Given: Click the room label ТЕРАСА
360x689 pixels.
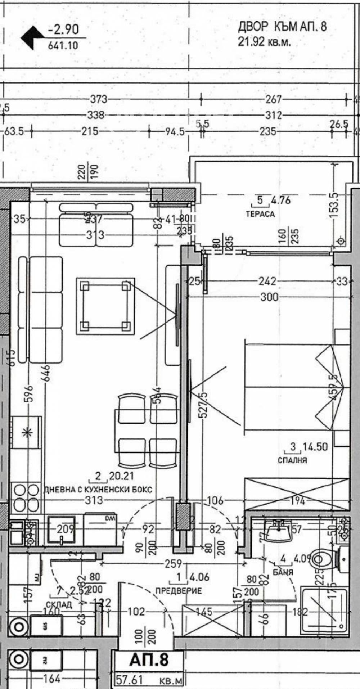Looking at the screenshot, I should (260, 214).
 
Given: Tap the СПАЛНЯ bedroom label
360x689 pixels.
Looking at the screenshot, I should (292, 460).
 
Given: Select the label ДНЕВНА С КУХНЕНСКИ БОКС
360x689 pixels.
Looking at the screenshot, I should (98, 490).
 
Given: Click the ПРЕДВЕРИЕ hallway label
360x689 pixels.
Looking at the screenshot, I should (179, 591).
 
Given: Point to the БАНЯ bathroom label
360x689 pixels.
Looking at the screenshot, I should (283, 572).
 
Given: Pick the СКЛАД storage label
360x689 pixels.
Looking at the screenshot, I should (59, 604).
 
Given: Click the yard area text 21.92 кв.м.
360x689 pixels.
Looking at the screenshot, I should (264, 42).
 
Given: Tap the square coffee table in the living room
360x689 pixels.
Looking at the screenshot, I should (105, 306).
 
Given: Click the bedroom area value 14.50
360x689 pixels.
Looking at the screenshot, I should (315, 447).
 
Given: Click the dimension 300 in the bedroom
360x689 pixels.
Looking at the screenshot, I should (269, 297).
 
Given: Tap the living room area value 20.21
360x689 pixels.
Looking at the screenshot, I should (121, 476).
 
